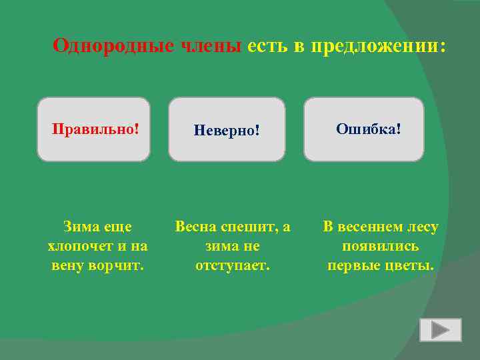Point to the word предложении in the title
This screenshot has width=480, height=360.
(x=367, y=46)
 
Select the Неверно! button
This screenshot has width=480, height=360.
(x=226, y=130)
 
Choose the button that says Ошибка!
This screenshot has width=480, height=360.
(x=364, y=129)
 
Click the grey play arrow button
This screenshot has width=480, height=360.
(x=440, y=330)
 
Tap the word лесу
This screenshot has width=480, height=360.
(x=423, y=227)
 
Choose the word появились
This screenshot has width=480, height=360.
(x=380, y=246)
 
